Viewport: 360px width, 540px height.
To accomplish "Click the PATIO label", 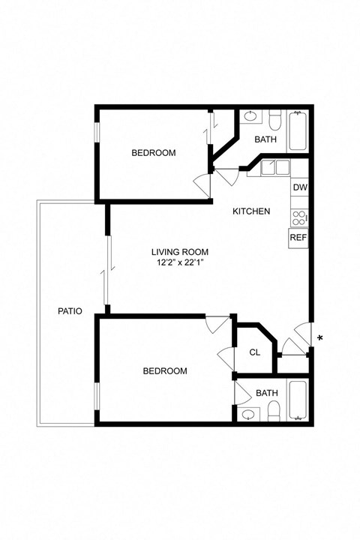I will pyautogui.click(x=70, y=311).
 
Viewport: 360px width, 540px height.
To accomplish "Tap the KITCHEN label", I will pyautogui.click(x=250, y=211).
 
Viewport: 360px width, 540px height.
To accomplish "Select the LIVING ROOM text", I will pyautogui.click(x=179, y=252).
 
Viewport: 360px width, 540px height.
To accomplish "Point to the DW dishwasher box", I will pyautogui.click(x=299, y=187).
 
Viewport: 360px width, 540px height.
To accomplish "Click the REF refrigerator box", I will pyautogui.click(x=298, y=238).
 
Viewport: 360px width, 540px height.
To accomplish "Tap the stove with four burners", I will pyautogui.click(x=299, y=217).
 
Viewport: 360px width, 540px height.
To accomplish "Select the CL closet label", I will pyautogui.click(x=254, y=352).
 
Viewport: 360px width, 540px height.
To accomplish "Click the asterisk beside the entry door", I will pyautogui.click(x=320, y=339).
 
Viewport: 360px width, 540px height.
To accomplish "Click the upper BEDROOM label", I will pyautogui.click(x=153, y=153).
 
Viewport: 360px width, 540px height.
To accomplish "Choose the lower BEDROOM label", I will pyautogui.click(x=164, y=371).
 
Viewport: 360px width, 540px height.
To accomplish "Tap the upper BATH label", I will pyautogui.click(x=265, y=139).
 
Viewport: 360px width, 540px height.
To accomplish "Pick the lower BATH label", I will pyautogui.click(x=266, y=393).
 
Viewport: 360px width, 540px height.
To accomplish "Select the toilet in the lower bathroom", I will pyautogui.click(x=274, y=409).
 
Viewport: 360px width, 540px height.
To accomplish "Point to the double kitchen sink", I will pyautogui.click(x=274, y=167).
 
